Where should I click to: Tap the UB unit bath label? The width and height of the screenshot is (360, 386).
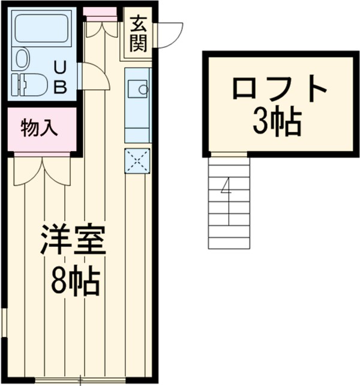click(x=60, y=76)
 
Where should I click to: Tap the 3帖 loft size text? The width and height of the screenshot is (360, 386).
click(x=277, y=122)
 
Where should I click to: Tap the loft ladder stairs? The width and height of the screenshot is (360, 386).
click(x=228, y=201)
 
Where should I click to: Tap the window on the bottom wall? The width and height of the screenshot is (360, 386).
click(x=80, y=379)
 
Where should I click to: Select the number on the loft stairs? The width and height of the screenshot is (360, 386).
click(x=226, y=189)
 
